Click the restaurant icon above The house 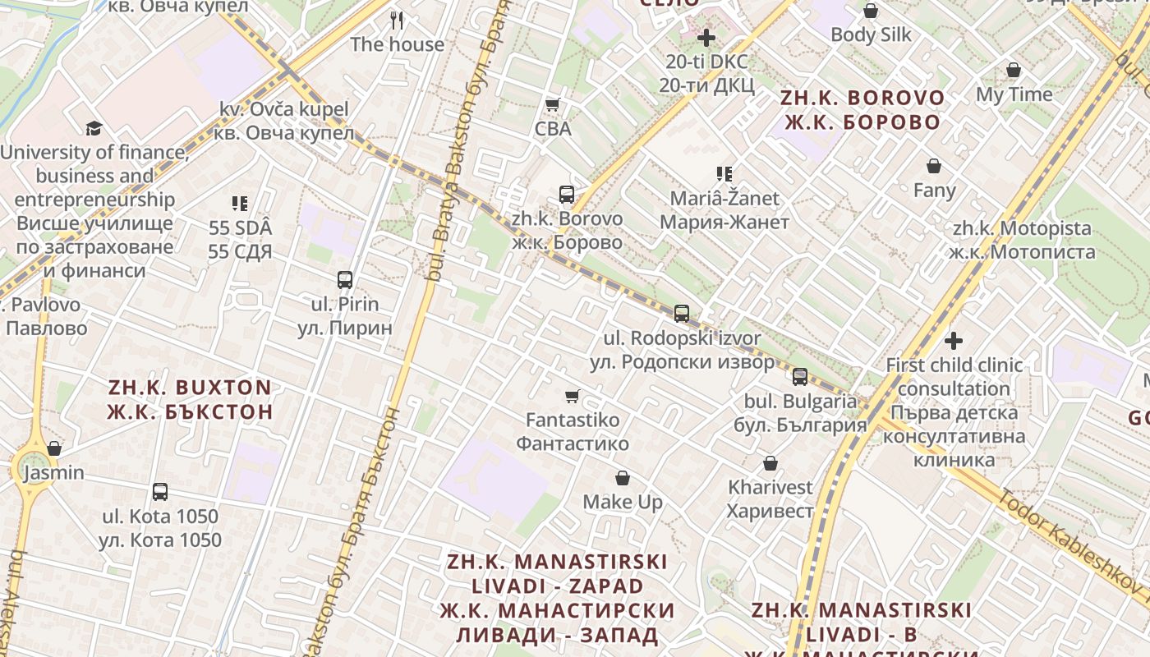[x=397, y=20]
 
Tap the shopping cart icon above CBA [x=553, y=105]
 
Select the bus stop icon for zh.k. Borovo [x=567, y=195]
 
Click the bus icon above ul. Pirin [x=345, y=280]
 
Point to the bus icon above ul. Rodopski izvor [x=682, y=314]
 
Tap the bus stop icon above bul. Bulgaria [x=800, y=378]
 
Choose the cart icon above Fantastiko [x=573, y=397]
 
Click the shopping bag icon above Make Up [x=623, y=478]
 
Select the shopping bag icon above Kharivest [x=770, y=464]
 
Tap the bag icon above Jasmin [x=54, y=449]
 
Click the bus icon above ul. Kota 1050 [x=160, y=493]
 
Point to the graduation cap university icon [x=94, y=129]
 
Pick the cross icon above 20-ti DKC [x=706, y=38]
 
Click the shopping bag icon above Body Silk [x=871, y=11]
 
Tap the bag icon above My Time [x=1014, y=71]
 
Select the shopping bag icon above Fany [x=934, y=167]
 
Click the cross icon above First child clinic [x=954, y=340]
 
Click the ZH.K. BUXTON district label [x=190, y=399]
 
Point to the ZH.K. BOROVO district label [x=862, y=110]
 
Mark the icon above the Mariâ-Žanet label [x=724, y=174]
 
